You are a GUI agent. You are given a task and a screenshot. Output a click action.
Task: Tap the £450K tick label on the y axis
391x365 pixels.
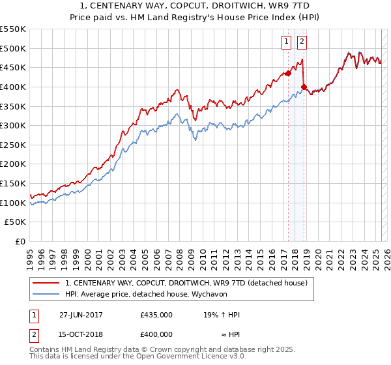(x=13, y=67)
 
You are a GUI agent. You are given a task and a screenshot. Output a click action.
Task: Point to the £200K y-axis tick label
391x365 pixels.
(x=13, y=164)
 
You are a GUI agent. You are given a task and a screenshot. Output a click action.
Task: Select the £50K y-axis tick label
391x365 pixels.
(x=16, y=222)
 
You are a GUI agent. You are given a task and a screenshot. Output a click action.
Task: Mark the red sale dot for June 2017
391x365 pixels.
(x=287, y=74)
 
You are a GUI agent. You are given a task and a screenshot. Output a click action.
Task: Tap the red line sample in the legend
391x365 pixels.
(x=46, y=283)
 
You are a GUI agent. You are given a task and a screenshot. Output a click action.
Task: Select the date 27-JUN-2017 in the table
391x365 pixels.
(x=81, y=315)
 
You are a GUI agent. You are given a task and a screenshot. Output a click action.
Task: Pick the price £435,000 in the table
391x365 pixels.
(x=156, y=315)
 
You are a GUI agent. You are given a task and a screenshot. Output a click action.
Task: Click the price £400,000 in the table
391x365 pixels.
(x=156, y=334)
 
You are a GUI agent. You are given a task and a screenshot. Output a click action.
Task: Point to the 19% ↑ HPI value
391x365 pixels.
(x=222, y=315)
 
